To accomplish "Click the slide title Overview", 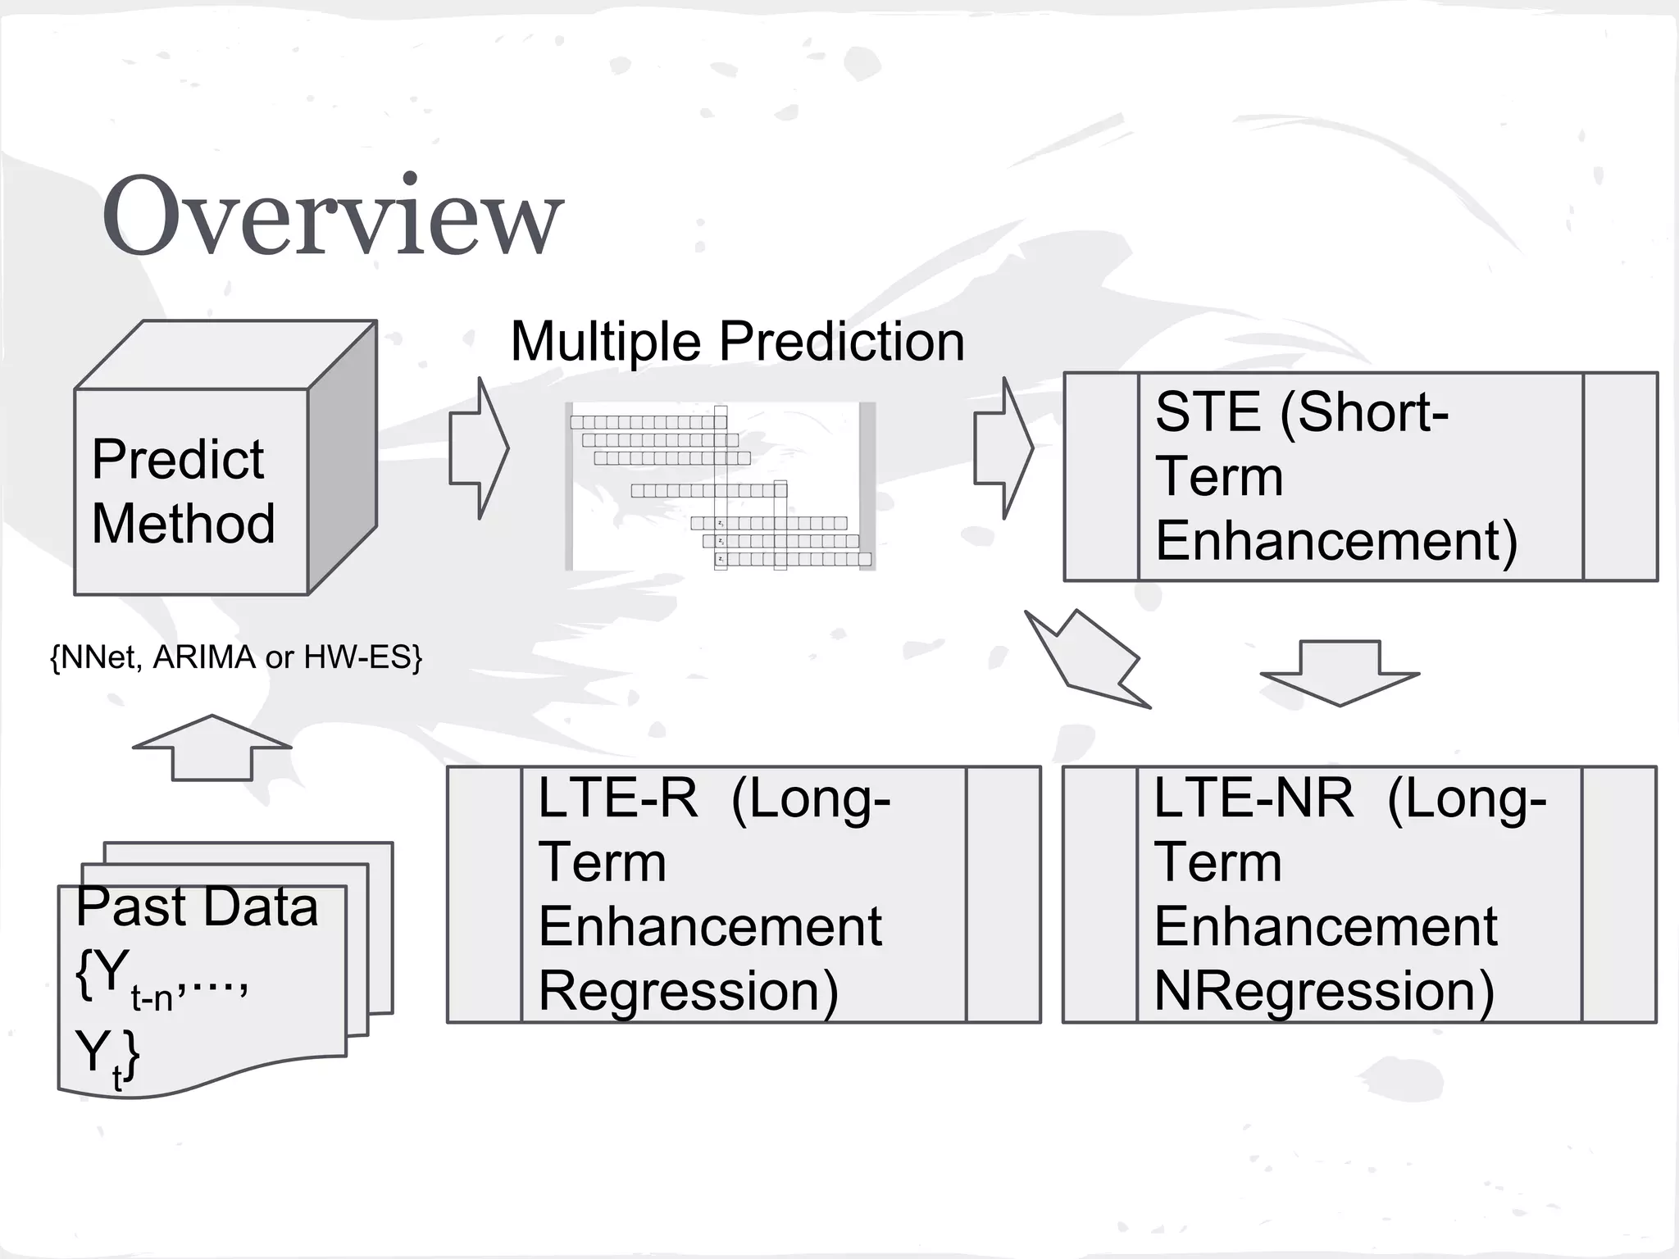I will tap(332, 216).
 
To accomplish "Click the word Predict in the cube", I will tap(177, 459).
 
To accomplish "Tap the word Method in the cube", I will tap(183, 524).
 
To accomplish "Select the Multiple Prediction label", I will tap(737, 341).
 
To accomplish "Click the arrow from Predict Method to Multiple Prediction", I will tap(480, 448).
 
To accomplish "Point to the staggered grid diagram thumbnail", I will tap(721, 487).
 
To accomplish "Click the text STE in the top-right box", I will tap(1207, 412).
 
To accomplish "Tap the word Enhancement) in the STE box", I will tap(1336, 541).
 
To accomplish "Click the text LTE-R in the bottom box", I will tap(617, 798).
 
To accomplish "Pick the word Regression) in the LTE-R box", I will tap(688, 991).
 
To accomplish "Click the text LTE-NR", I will tap(1253, 798).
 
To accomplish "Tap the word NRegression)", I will tap(1323, 991).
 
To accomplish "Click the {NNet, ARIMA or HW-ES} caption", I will tap(236, 657).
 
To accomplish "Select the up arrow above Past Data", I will tap(212, 747).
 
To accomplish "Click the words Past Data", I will tap(197, 907).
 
